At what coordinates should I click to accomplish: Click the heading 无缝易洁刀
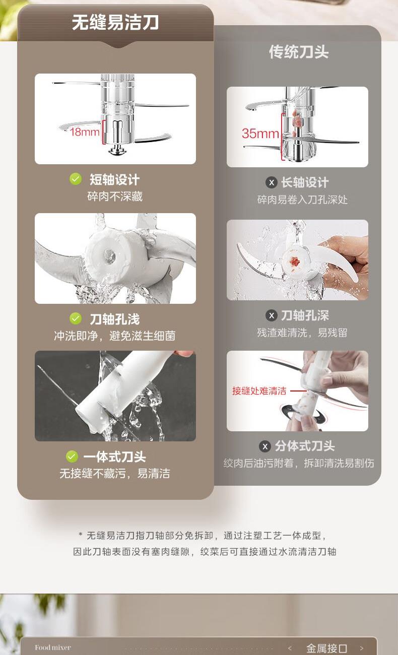(x=115, y=22)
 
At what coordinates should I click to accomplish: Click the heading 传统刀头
(x=299, y=52)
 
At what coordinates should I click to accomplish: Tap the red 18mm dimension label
(x=85, y=132)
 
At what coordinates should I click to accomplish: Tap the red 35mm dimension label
(x=260, y=134)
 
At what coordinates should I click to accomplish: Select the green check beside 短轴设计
(x=76, y=179)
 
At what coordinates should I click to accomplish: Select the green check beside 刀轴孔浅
(x=76, y=318)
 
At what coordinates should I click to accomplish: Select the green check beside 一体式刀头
(x=72, y=456)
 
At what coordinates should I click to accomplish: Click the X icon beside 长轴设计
(x=272, y=182)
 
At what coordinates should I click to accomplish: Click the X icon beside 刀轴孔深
(x=272, y=315)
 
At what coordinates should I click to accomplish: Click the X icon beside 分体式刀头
(x=265, y=446)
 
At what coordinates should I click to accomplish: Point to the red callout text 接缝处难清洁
(x=259, y=390)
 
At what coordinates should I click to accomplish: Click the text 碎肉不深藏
(x=115, y=196)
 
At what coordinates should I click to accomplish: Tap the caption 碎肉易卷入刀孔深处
(x=302, y=200)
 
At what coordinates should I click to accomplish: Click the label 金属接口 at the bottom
(x=326, y=648)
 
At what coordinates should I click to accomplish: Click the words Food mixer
(x=53, y=647)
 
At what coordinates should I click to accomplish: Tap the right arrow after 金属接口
(x=361, y=648)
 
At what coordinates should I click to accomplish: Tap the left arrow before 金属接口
(x=290, y=648)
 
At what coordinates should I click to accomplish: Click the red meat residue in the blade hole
(x=295, y=261)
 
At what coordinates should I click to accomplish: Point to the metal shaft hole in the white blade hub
(x=110, y=255)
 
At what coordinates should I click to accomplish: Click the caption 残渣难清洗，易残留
(x=302, y=333)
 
